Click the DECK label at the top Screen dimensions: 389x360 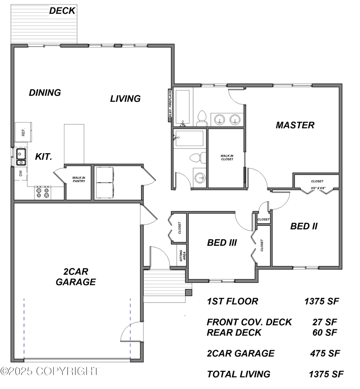click(62, 11)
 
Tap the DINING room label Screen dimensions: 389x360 click(45, 92)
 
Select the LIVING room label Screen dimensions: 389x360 click(125, 98)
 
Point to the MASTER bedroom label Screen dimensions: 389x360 click(295, 125)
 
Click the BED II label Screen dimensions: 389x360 click(304, 226)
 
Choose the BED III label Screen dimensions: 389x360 click(222, 243)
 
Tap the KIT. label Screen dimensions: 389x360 click(43, 156)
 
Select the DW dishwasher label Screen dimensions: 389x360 click(20, 174)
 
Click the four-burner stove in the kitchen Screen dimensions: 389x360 click(42, 193)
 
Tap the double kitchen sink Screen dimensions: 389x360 click(21, 156)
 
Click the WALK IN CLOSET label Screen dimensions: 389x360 click(227, 157)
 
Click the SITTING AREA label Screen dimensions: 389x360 click(182, 255)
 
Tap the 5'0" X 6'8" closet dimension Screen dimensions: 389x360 click(318, 188)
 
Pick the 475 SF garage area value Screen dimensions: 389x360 click(325, 353)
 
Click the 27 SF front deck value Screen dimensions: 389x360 click(325, 322)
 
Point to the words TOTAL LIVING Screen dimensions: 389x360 click(238, 374)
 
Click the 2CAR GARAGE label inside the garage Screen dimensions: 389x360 click(76, 276)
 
